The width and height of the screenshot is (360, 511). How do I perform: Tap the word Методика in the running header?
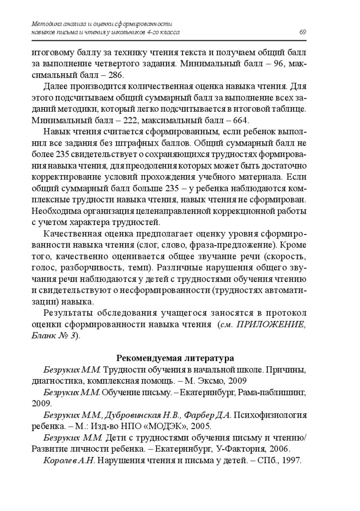[45, 23]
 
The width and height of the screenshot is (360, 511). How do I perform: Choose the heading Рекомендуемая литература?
[175, 358]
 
